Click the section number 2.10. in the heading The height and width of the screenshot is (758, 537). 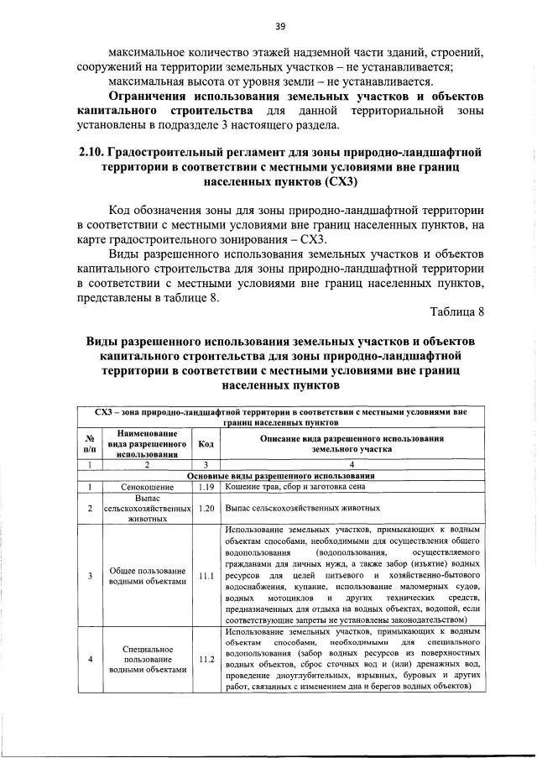click(91, 152)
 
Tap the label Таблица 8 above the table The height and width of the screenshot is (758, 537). click(457, 313)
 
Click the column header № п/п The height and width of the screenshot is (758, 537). click(89, 444)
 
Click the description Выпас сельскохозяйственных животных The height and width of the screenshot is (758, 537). click(303, 508)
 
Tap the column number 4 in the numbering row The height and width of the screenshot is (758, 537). click(352, 464)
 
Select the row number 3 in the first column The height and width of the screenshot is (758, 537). click(89, 576)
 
